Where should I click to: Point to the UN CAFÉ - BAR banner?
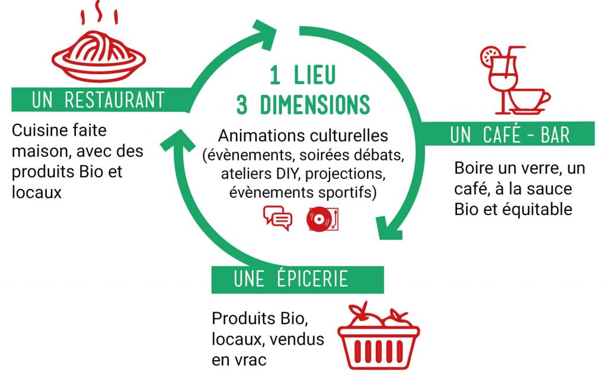(x=508, y=134)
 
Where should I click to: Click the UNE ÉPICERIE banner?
(x=298, y=280)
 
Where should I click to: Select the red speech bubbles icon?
(x=277, y=218)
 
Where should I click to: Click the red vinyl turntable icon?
(x=322, y=219)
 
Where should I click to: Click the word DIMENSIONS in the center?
(x=315, y=104)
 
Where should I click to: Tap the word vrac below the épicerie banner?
(x=250, y=360)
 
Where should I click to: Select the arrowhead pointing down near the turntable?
(x=389, y=228)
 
